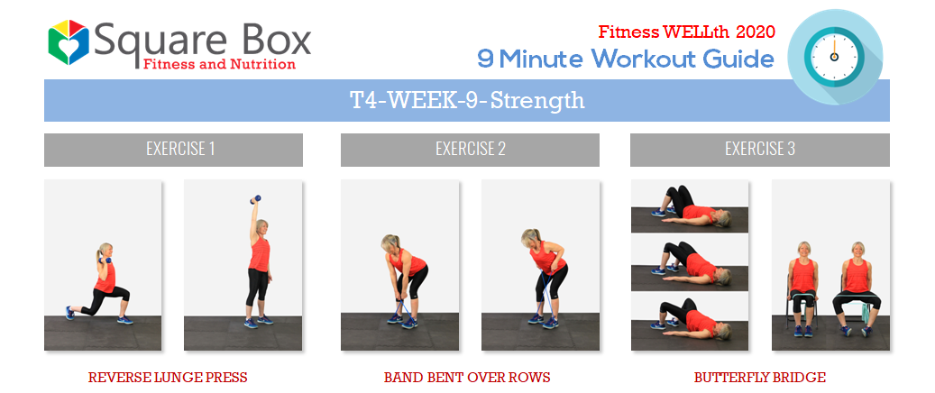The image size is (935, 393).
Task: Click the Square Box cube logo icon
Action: [69, 41]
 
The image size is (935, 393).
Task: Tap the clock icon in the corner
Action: [835, 57]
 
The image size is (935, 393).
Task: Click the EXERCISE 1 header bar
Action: [173, 150]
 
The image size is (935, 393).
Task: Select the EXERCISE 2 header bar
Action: [470, 150]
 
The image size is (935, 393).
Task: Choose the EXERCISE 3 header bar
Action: [760, 150]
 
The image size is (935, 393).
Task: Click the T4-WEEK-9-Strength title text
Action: [467, 101]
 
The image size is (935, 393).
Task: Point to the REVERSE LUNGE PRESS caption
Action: [168, 378]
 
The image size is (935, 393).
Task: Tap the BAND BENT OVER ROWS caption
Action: [467, 378]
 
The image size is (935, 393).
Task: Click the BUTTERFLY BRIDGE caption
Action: [760, 378]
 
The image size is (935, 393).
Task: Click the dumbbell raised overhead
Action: [255, 199]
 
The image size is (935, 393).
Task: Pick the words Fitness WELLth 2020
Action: [687, 31]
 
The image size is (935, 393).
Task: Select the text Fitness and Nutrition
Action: [219, 64]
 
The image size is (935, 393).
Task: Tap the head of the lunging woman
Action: [105, 251]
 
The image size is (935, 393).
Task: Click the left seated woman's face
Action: [804, 250]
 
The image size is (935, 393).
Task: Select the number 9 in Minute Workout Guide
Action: [485, 59]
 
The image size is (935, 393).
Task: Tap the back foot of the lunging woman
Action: [69, 313]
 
